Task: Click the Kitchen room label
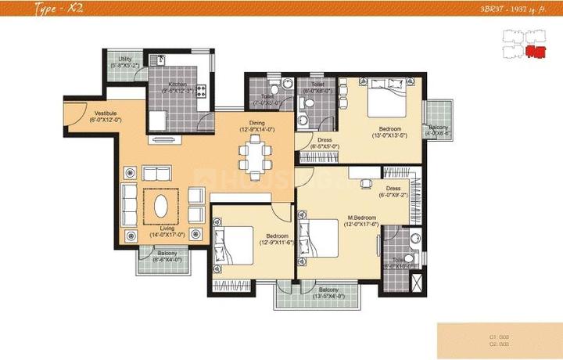tap(177, 86)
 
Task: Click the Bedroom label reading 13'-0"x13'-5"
tap(390, 131)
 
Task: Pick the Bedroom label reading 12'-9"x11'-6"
tap(276, 238)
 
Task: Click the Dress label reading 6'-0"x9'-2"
tap(393, 192)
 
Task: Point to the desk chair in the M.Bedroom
tap(365, 185)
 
